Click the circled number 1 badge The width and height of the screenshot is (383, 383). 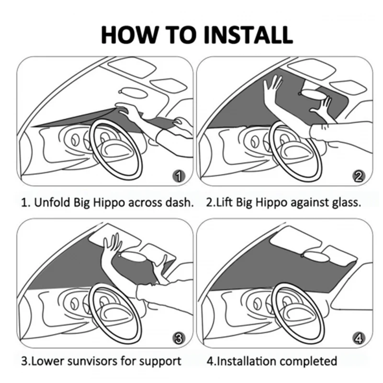[178, 177]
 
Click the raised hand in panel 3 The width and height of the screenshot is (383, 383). [111, 245]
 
